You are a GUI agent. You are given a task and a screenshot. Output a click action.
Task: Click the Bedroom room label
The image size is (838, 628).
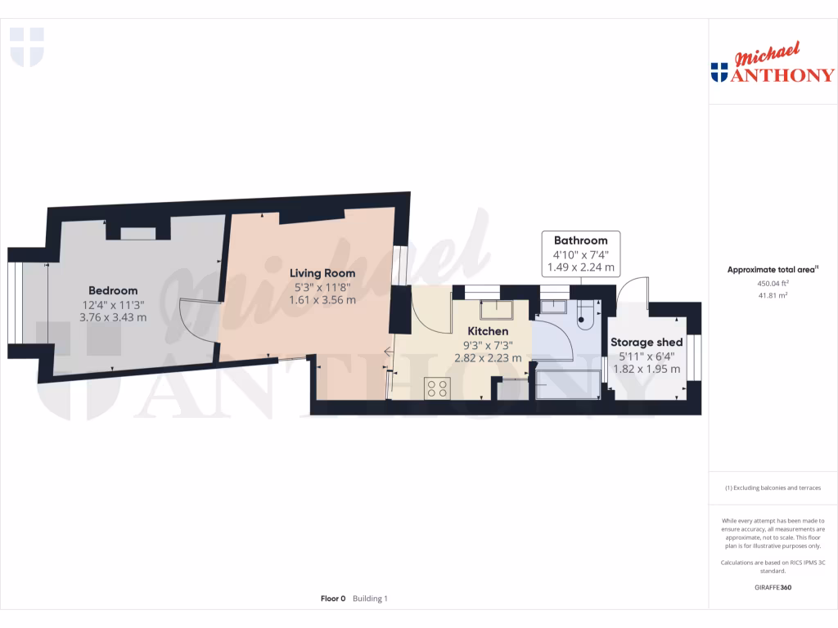[x=113, y=290]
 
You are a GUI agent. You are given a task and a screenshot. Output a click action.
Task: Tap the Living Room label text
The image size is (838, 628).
[x=322, y=273]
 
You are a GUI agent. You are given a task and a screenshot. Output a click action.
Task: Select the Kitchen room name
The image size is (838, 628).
[x=488, y=330]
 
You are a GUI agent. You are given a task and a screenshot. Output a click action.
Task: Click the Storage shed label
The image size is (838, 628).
[x=647, y=342]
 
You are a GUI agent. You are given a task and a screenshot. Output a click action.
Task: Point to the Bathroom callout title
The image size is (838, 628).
[x=581, y=240]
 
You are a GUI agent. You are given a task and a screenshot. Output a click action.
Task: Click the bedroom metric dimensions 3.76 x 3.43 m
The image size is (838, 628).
[x=113, y=317]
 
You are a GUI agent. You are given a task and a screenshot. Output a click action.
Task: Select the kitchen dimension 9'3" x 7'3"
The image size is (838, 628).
[x=488, y=344]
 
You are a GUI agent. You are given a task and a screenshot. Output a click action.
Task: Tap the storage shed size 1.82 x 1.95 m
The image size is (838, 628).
[x=647, y=369]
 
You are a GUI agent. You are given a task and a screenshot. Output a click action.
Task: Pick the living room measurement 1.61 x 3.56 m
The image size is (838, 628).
[x=322, y=299]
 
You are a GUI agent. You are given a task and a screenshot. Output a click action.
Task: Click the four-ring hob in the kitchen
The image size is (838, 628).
[x=436, y=388]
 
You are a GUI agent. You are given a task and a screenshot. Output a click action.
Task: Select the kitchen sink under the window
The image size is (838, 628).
[x=496, y=309]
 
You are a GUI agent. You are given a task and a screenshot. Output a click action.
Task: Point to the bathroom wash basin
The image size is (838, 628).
[x=555, y=307]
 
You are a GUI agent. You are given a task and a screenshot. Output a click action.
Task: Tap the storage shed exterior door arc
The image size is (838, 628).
[x=632, y=288]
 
